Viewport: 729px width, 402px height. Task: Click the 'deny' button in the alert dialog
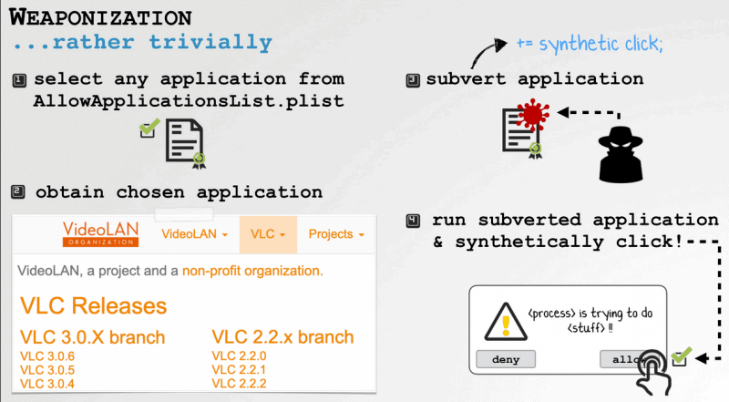pos(506,359)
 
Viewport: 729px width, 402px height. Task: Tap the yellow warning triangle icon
pos(506,322)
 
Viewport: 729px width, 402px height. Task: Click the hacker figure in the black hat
pos(621,154)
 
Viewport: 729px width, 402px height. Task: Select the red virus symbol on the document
pos(533,114)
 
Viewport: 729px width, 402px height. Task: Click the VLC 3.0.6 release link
pos(47,356)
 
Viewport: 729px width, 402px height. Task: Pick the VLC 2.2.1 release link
pos(239,370)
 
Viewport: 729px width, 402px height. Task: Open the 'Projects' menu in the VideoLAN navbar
pos(335,234)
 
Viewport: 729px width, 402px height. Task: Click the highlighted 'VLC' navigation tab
pos(268,234)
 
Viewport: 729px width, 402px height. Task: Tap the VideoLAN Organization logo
pos(100,233)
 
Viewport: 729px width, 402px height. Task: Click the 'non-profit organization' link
pos(252,271)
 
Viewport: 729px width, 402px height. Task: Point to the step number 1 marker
pos(19,80)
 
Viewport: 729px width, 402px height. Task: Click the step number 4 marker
pos(413,221)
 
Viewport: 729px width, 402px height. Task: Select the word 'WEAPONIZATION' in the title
pos(100,17)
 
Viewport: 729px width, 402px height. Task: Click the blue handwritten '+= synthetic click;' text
pos(590,45)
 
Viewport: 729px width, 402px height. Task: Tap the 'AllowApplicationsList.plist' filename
pos(189,101)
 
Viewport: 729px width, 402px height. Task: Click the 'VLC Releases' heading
pos(93,306)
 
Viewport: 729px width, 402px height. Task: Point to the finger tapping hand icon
pos(653,372)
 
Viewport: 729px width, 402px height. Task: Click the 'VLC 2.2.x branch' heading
pos(282,337)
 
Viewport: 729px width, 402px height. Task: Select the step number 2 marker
pos(17,191)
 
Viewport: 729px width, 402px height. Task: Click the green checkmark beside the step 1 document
pos(149,128)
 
